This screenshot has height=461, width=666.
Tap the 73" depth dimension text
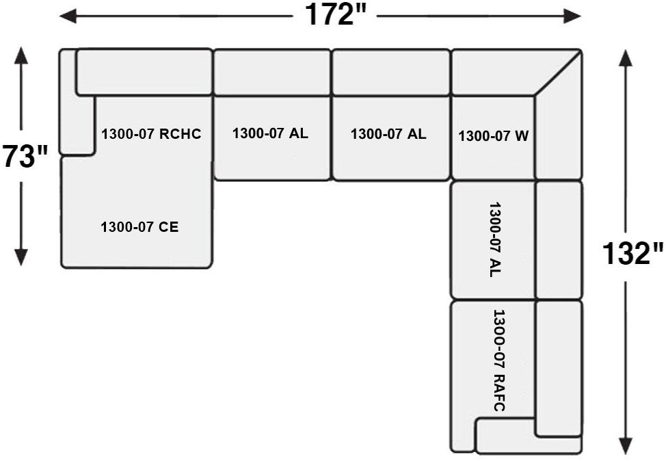[25, 157]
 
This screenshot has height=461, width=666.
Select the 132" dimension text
[632, 254]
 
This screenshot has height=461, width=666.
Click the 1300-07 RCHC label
[151, 134]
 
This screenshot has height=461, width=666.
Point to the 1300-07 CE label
[139, 227]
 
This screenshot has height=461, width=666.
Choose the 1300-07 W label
[493, 136]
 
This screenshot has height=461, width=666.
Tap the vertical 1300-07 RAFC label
[498, 360]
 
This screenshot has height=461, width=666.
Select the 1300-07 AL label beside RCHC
[270, 133]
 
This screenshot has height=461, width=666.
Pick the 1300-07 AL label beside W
[388, 134]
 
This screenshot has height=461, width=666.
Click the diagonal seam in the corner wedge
[557, 73]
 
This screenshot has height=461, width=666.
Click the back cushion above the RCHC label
[144, 72]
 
